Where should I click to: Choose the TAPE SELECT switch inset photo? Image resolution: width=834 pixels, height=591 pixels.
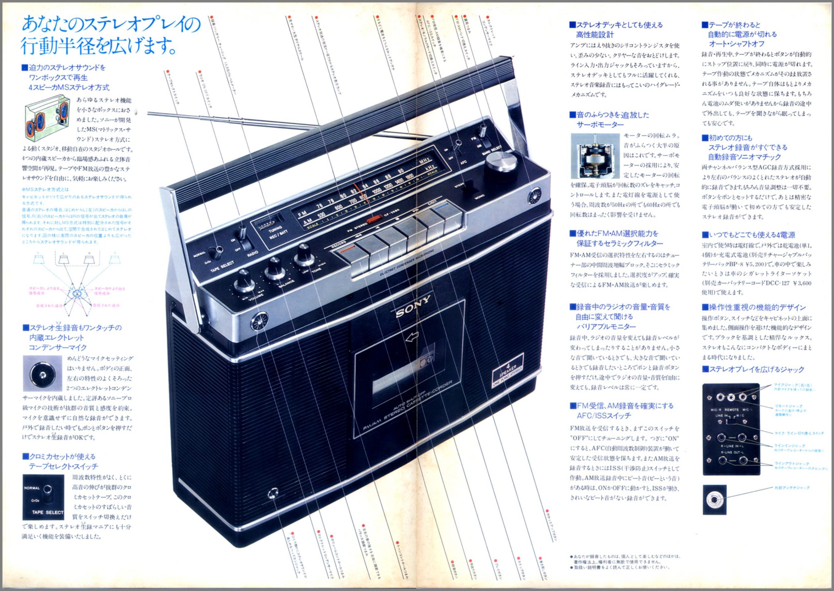(43, 497)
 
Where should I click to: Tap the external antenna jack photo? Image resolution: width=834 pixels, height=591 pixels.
(714, 499)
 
